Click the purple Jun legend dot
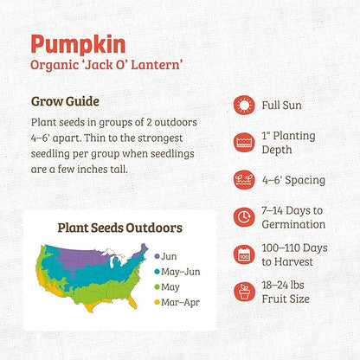pos(157,256)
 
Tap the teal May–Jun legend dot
pos(157,272)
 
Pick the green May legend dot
pos(157,286)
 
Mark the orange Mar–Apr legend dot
pos(157,302)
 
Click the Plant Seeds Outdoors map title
pos(119,228)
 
